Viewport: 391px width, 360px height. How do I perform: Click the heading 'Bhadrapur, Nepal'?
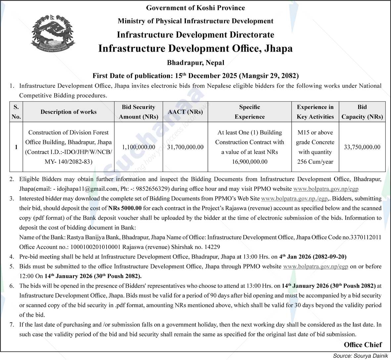[x=195, y=63]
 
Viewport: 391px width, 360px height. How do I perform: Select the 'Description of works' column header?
[x=69, y=112]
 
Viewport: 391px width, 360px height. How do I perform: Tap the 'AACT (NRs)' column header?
[x=185, y=112]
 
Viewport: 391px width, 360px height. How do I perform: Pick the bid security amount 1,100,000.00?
[x=138, y=147]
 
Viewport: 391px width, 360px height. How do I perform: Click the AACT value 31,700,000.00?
[x=185, y=147]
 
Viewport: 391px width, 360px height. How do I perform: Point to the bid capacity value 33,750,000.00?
[x=362, y=147]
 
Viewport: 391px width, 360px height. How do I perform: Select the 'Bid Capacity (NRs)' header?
[x=362, y=112]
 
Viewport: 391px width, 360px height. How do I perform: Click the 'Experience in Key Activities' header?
[x=315, y=112]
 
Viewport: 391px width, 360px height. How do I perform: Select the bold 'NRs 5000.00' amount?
[x=125, y=208]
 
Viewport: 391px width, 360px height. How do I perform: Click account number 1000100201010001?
[x=95, y=247]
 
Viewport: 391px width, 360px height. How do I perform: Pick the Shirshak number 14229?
[x=212, y=247]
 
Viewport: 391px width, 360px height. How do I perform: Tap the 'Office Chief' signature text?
[x=363, y=345]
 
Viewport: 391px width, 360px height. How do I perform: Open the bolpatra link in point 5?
[x=316, y=267]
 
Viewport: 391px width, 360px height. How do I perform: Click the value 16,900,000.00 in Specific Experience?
[x=249, y=162]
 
